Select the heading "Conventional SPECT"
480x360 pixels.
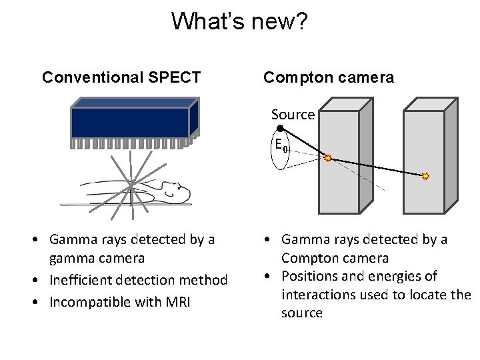[121, 77]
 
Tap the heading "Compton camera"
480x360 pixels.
[329, 77]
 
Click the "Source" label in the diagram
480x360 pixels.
[293, 115]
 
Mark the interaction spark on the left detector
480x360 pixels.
[327, 158]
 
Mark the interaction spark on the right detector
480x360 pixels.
[425, 176]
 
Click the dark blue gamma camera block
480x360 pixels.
[130, 123]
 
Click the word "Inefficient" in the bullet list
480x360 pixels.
[86, 280]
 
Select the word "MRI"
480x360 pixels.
[176, 302]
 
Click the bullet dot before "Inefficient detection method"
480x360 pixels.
[41, 280]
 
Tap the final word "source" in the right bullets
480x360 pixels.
[301, 313]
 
